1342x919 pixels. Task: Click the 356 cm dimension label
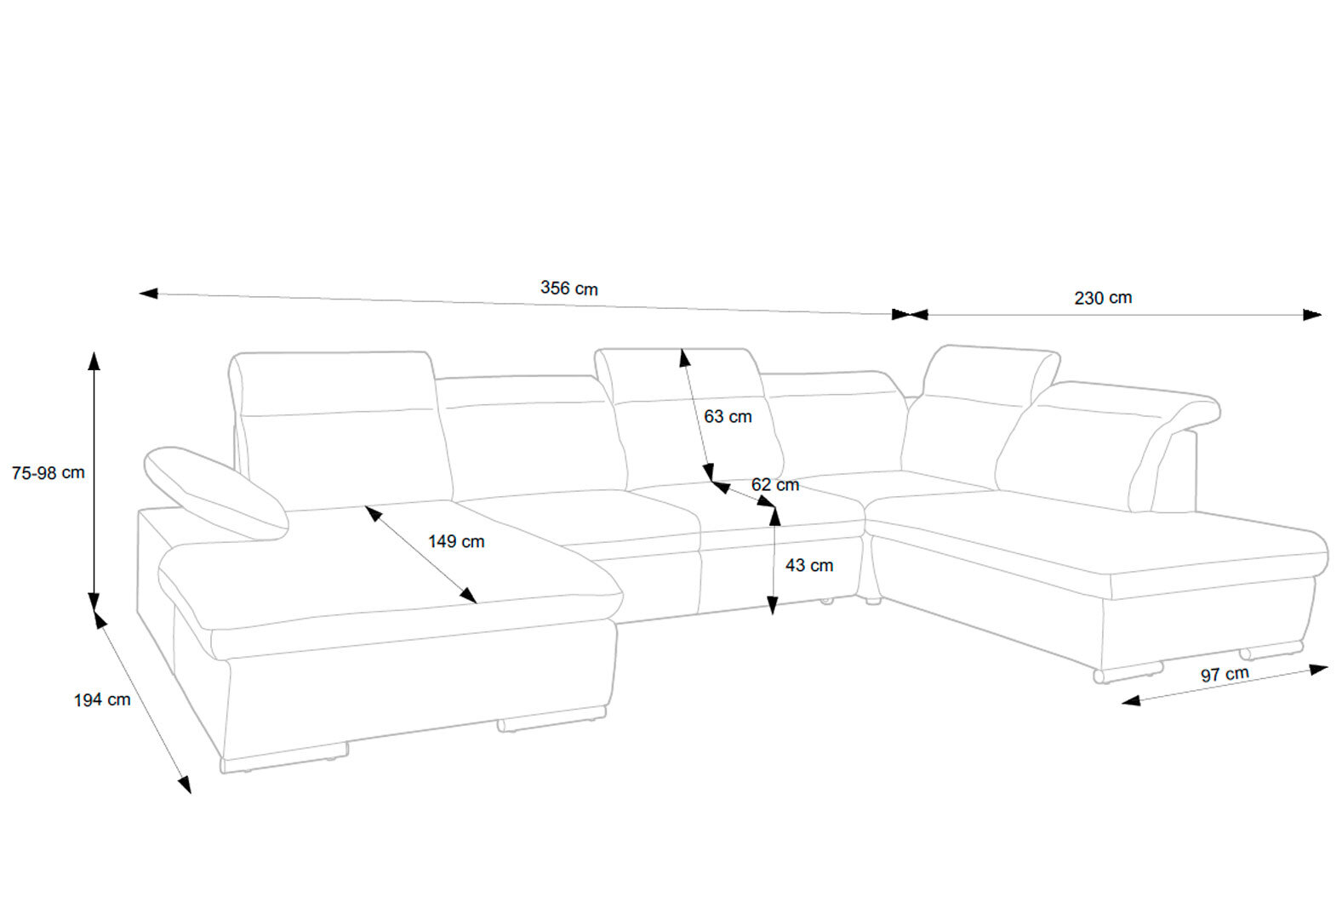[568, 288]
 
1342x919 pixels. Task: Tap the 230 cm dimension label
[1103, 298]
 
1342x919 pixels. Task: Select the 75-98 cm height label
[48, 473]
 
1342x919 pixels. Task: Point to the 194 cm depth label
[102, 699]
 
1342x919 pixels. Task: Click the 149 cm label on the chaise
[456, 541]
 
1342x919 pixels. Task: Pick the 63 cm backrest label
[728, 416]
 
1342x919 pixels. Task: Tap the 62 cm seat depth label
[775, 485]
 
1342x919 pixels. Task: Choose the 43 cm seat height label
[809, 565]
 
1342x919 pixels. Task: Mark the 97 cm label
[1225, 674]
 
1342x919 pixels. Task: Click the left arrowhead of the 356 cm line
[148, 293]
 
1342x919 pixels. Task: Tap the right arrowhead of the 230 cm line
[1312, 315]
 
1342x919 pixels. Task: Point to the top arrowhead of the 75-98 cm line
[94, 361]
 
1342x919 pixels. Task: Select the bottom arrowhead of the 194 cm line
[185, 785]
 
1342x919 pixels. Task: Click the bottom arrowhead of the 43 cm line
[773, 606]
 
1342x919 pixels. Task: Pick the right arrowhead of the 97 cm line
[1319, 670]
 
